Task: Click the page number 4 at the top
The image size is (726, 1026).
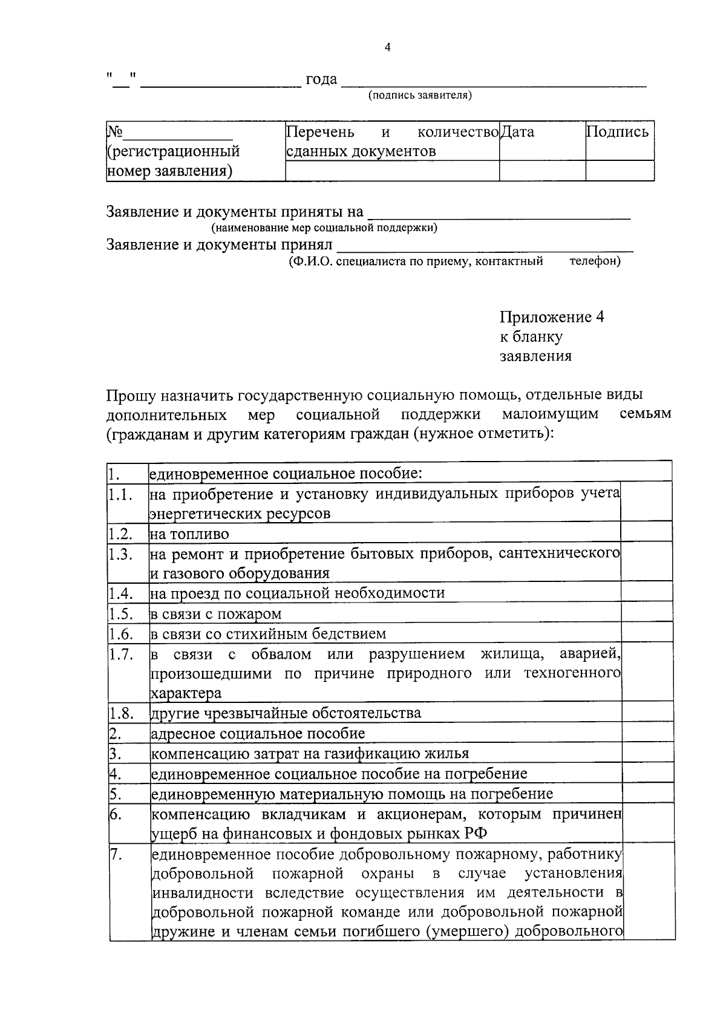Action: (387, 48)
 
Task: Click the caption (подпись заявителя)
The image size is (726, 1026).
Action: (420, 95)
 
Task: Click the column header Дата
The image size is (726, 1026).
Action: (518, 131)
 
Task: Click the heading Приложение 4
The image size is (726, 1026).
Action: (551, 317)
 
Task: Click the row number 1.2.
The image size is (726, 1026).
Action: (120, 534)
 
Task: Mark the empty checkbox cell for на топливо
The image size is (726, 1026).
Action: (647, 532)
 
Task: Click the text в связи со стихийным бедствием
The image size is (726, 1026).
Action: (268, 634)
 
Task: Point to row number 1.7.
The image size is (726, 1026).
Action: (120, 654)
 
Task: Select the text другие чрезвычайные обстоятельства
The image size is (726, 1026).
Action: (286, 713)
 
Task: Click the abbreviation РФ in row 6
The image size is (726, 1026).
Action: (476, 834)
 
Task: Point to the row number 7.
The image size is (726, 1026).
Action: (116, 854)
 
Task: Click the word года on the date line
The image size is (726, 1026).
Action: (321, 79)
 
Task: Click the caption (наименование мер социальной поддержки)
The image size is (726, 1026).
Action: (324, 228)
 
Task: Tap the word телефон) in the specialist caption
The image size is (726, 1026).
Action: (595, 261)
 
